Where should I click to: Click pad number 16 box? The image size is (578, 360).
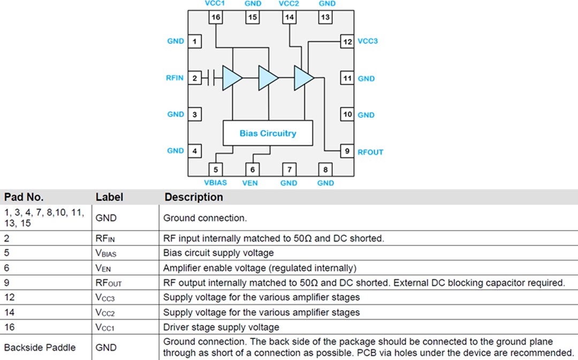click(216, 17)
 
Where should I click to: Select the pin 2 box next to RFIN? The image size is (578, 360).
click(195, 78)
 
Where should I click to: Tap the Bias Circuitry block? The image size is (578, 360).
click(268, 133)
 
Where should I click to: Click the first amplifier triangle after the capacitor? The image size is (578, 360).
click(231, 78)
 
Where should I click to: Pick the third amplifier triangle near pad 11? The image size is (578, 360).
click(303, 78)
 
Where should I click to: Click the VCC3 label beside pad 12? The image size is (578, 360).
click(368, 41)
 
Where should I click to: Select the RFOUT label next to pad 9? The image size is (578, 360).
click(370, 152)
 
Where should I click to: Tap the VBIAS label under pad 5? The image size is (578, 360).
click(216, 182)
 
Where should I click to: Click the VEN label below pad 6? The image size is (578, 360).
click(250, 182)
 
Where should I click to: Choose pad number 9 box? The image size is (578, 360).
click(347, 151)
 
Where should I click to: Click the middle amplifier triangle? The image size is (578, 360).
click(268, 78)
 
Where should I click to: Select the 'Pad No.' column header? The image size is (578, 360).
click(24, 197)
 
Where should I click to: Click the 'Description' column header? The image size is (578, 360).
click(193, 197)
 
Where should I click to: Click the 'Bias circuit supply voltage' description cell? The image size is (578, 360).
click(218, 252)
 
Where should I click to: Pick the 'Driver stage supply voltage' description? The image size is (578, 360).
click(221, 327)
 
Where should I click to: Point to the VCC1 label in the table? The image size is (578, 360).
click(105, 327)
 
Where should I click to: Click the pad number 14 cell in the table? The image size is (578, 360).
click(9, 312)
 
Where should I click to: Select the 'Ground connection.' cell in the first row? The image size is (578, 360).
click(205, 218)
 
